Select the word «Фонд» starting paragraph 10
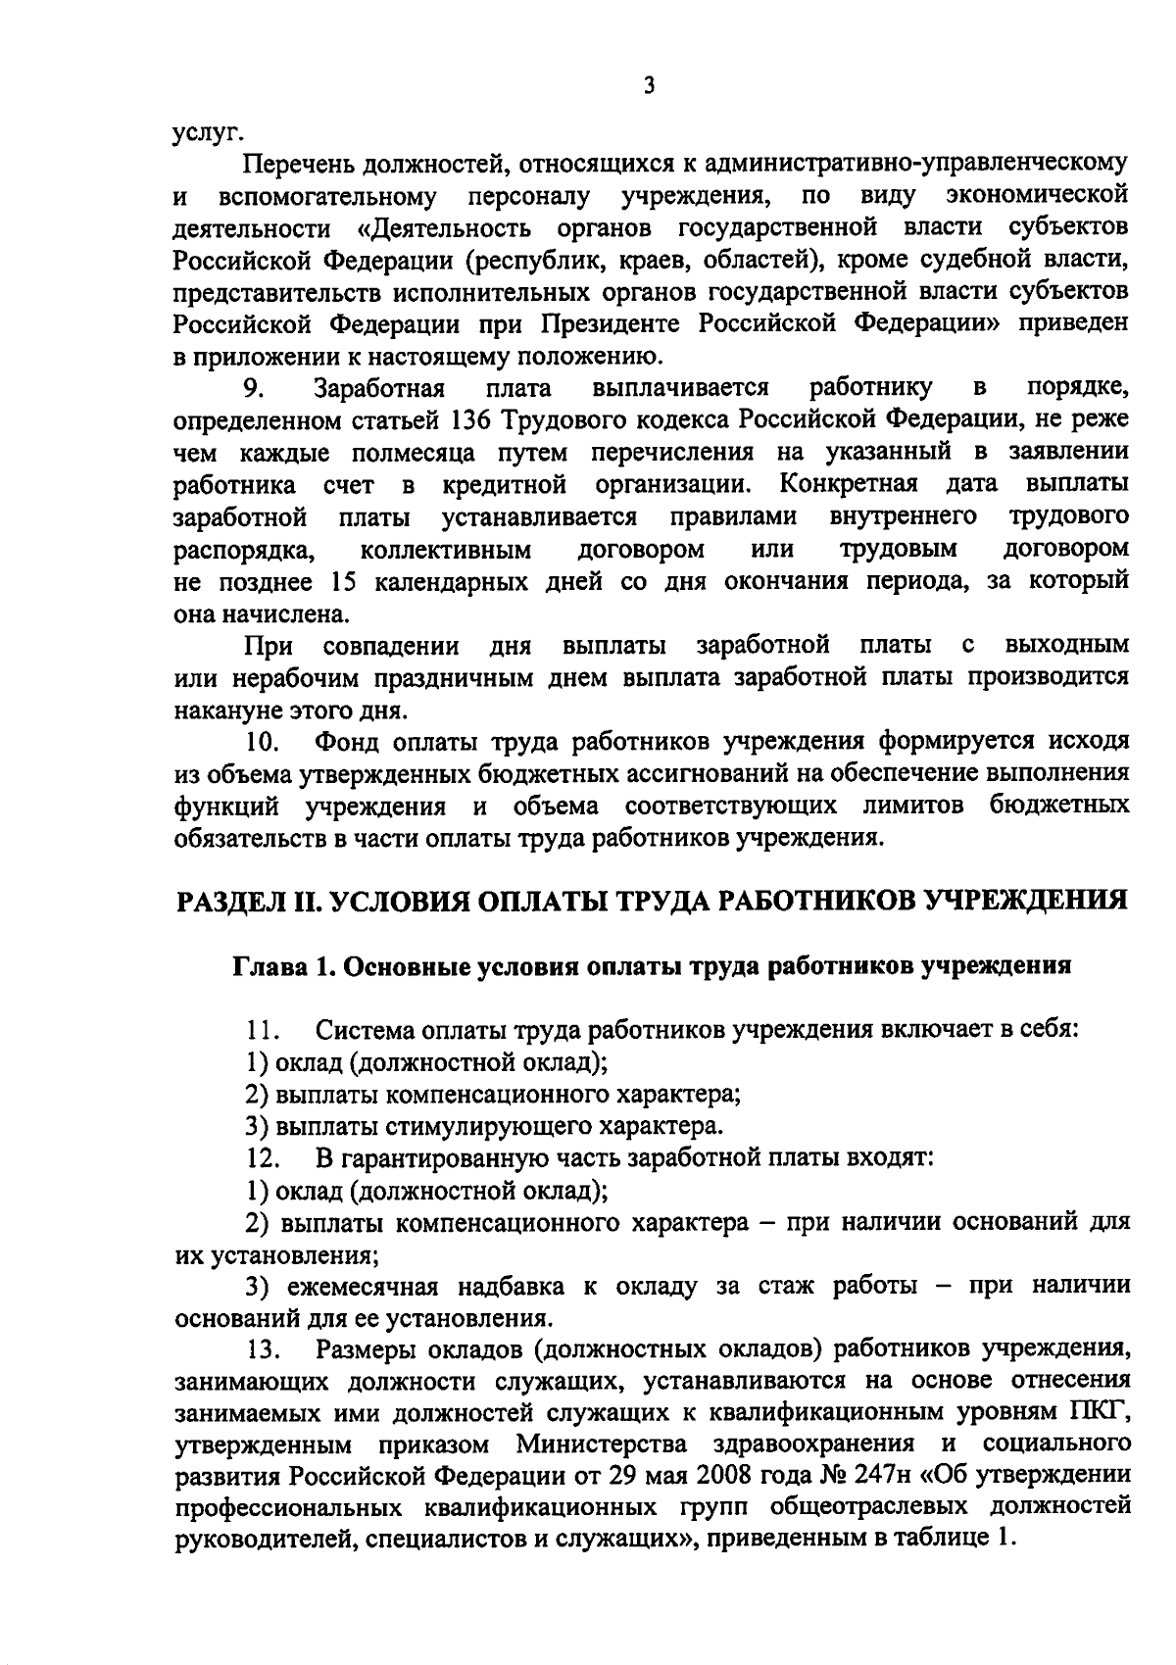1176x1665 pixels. (349, 741)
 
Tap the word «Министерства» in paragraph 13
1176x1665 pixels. (597, 1445)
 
